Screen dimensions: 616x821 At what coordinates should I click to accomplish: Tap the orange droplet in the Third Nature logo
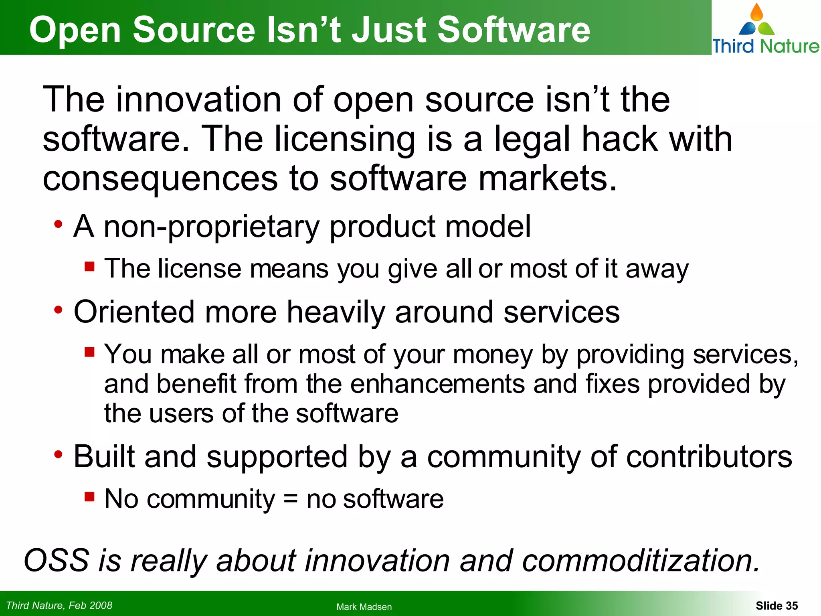pyautogui.click(x=756, y=12)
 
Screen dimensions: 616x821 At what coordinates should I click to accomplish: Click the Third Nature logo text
pyautogui.click(x=766, y=46)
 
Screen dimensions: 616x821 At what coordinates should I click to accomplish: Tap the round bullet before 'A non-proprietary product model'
pyautogui.click(x=59, y=224)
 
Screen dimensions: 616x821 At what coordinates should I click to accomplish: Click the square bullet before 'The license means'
pyautogui.click(x=89, y=266)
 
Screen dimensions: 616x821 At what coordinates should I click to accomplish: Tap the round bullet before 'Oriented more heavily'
pyautogui.click(x=59, y=310)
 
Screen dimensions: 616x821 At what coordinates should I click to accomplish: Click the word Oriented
pyautogui.click(x=134, y=312)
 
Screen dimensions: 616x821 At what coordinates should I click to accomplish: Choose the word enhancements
pyautogui.click(x=437, y=384)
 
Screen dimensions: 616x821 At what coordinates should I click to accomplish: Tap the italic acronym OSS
pyautogui.click(x=57, y=560)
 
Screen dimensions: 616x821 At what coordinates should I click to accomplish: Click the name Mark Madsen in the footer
pyautogui.click(x=364, y=607)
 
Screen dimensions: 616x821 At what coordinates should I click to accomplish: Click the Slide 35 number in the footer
pyautogui.click(x=777, y=606)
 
